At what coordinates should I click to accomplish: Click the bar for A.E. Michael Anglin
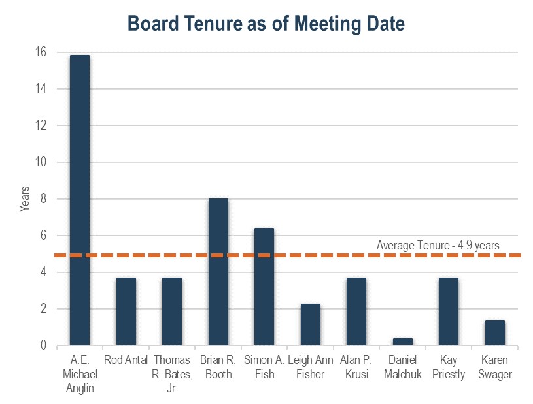point(80,200)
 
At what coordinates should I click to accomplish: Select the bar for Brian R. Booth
point(218,272)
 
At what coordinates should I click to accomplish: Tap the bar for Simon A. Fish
point(264,287)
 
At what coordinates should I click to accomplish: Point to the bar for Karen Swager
point(494,333)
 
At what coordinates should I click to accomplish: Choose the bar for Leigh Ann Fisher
point(310,325)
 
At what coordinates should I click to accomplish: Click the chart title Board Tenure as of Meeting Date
point(266,24)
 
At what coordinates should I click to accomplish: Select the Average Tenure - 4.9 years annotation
point(438,246)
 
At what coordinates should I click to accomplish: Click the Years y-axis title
point(25,199)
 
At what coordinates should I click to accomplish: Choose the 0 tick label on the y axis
point(43,346)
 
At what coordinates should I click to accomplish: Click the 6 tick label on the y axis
point(43,236)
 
